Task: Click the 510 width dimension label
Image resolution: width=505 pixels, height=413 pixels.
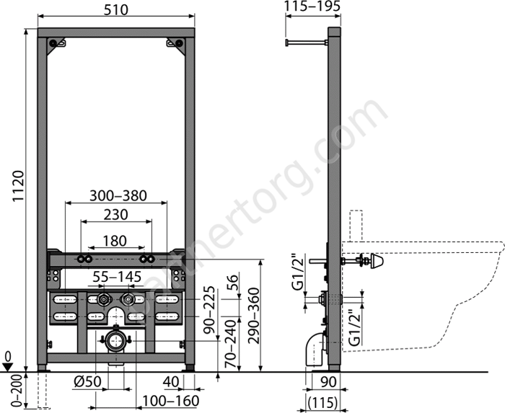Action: point(116,10)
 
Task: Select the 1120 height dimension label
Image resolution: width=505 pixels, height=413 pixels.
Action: point(18,186)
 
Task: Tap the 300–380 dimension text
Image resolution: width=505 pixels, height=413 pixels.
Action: point(118,195)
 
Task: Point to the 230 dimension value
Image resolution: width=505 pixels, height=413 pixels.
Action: point(116,215)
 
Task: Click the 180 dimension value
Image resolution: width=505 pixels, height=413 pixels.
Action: point(115,241)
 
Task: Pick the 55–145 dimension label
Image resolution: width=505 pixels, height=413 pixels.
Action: point(117,277)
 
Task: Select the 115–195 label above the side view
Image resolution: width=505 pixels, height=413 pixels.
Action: point(312,6)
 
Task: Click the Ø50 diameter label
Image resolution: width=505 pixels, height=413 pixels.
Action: point(87,382)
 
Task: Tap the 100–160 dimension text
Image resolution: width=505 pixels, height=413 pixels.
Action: point(171,401)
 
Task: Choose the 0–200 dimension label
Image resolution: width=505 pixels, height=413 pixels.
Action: point(19,391)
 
